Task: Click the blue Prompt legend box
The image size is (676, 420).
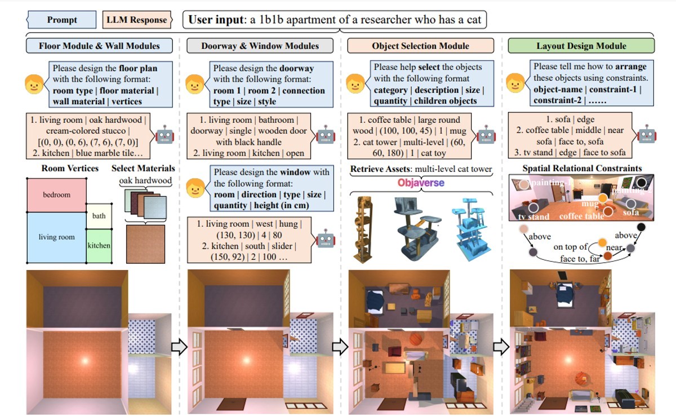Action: pos(62,20)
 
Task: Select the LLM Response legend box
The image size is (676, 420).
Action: pos(137,20)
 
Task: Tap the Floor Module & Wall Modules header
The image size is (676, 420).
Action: pos(99,46)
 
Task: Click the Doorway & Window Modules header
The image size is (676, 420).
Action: pos(260,46)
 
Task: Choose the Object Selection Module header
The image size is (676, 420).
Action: pos(420,46)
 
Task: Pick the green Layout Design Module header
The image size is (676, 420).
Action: pos(581,46)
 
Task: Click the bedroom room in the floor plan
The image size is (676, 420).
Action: pos(57,195)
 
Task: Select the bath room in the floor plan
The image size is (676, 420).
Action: pos(99,216)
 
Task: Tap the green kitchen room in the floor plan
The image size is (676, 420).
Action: pos(99,246)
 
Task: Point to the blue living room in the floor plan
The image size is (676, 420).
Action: pos(56,237)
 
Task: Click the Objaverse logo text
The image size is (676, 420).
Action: pos(421,183)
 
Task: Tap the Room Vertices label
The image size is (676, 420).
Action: pos(70,168)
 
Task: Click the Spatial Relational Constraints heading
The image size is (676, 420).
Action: pos(582,168)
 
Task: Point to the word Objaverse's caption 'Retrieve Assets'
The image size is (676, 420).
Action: pos(376,169)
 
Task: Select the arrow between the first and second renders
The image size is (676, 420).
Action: pos(178,347)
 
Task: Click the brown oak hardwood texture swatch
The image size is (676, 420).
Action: pos(145,244)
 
